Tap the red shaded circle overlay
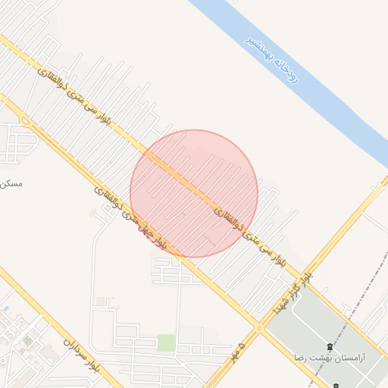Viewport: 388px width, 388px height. tap(194, 193)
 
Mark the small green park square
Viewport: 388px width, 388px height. tap(166, 343)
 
